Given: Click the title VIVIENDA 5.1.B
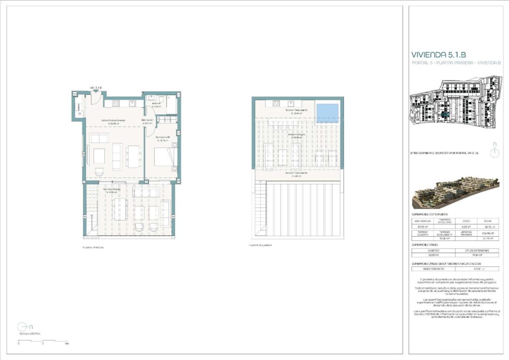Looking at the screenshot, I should tap(438, 55).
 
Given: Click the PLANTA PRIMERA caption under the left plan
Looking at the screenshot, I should tap(93, 247).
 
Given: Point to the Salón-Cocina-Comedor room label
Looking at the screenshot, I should tap(113, 121).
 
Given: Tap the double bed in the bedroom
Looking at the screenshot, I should tap(163, 157).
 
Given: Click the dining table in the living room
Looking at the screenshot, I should tap(133, 156).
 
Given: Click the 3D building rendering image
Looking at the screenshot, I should tap(455, 193).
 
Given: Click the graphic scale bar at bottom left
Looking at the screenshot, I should tap(43, 342).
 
